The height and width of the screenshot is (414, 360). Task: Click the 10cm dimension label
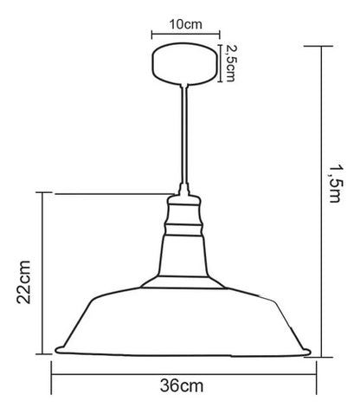tap(185, 24)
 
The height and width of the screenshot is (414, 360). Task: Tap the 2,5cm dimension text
tap(230, 63)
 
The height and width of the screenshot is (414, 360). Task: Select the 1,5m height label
tap(336, 184)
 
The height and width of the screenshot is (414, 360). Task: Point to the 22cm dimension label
tap(23, 281)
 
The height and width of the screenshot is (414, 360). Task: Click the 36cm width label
tap(182, 385)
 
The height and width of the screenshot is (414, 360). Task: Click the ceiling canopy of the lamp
tap(184, 64)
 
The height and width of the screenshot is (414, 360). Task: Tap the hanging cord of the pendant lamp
tap(184, 134)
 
